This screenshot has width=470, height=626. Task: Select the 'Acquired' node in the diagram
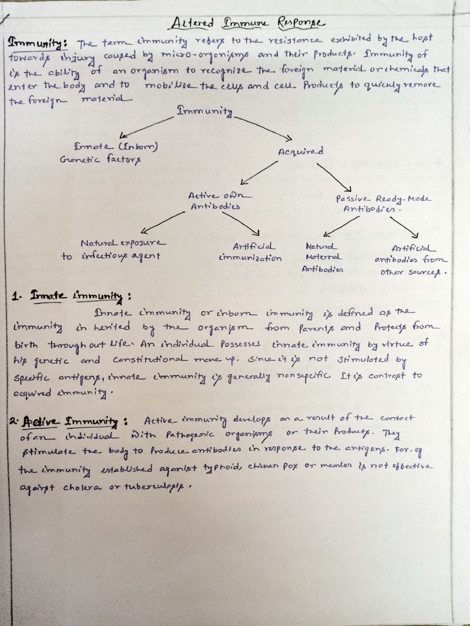[300, 151]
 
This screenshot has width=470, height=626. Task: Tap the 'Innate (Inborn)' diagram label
[116, 147]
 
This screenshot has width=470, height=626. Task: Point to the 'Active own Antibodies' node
[214, 201]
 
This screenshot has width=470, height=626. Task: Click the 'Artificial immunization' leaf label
[250, 252]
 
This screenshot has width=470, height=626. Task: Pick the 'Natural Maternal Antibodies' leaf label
[323, 257]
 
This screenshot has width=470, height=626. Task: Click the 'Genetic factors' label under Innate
[100, 160]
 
